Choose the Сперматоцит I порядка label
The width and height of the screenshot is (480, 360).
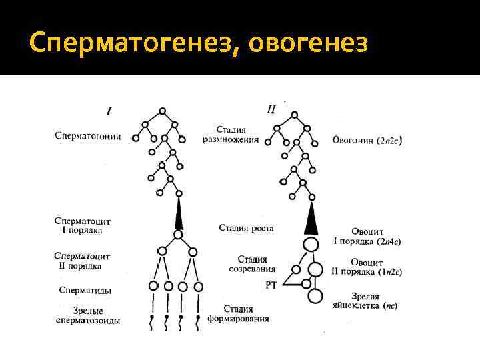tap(83, 225)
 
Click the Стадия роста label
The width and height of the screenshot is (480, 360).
tap(246, 228)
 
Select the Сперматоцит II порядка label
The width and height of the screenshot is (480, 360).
tap(83, 261)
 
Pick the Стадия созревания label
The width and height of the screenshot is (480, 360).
tap(251, 264)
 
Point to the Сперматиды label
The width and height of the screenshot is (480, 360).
tap(85, 290)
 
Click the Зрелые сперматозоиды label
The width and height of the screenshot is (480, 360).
tap(88, 316)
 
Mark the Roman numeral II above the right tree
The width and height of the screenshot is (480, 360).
tap(271, 109)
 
